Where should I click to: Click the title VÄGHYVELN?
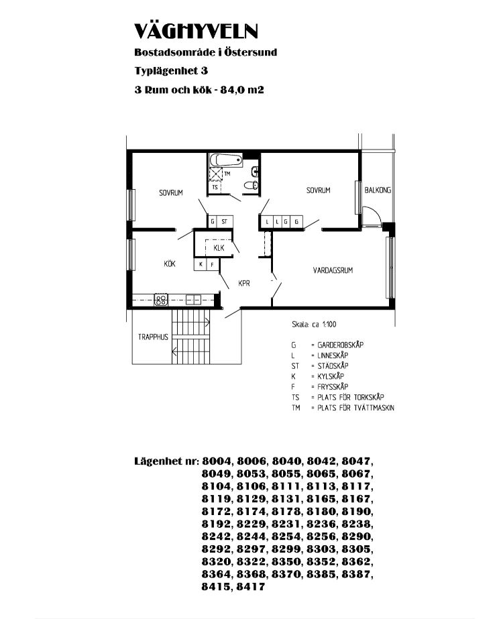tap(196, 31)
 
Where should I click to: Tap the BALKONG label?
tap(378, 190)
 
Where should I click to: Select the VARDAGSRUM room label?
tap(333, 270)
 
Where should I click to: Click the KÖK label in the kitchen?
tap(170, 264)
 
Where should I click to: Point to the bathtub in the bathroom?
tap(226, 160)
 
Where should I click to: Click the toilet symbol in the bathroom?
tap(251, 184)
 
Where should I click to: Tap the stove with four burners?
tap(161, 300)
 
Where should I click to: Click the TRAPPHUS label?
tap(153, 337)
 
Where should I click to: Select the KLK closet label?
tap(219, 248)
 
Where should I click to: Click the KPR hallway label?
tap(244, 284)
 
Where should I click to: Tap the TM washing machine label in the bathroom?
tap(227, 173)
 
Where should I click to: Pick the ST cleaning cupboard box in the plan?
tap(225, 221)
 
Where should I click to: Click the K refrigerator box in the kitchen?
tap(201, 264)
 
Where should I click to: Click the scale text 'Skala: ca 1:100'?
tap(314, 325)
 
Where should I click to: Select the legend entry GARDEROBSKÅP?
tap(340, 345)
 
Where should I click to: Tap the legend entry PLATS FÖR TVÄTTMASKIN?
tap(355, 408)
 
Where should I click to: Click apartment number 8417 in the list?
tap(251, 587)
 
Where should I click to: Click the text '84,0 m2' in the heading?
tap(241, 90)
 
